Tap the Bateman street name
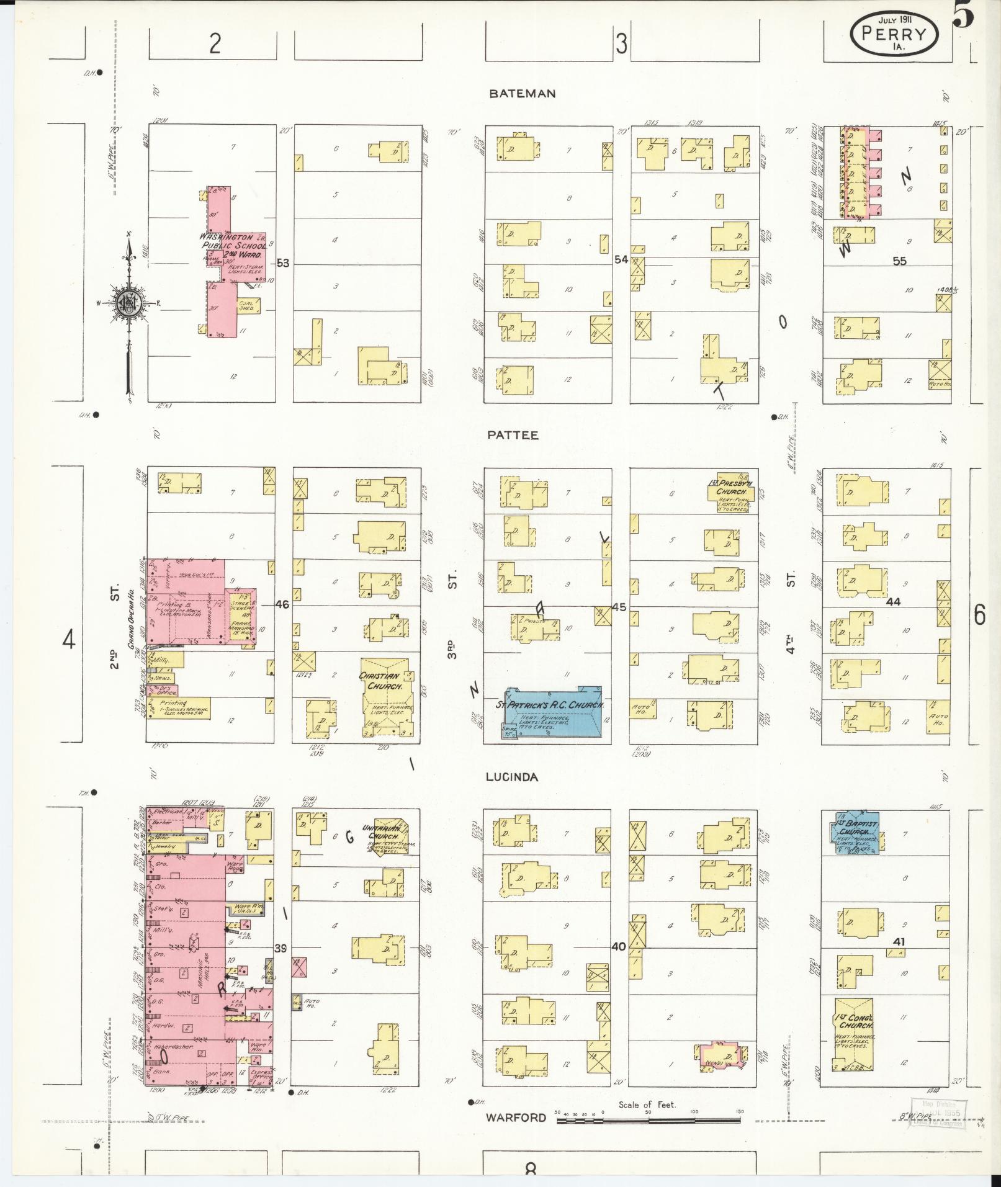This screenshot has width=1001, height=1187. click(x=522, y=94)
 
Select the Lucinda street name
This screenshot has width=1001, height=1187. click(x=512, y=777)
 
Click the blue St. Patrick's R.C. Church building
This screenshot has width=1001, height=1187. click(x=552, y=713)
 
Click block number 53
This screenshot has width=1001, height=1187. click(x=283, y=263)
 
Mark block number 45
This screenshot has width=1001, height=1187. click(x=619, y=607)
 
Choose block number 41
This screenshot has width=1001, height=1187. click(x=898, y=959)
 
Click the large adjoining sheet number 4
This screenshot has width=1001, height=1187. click(x=68, y=639)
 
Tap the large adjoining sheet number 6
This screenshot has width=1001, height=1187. click(x=979, y=615)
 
